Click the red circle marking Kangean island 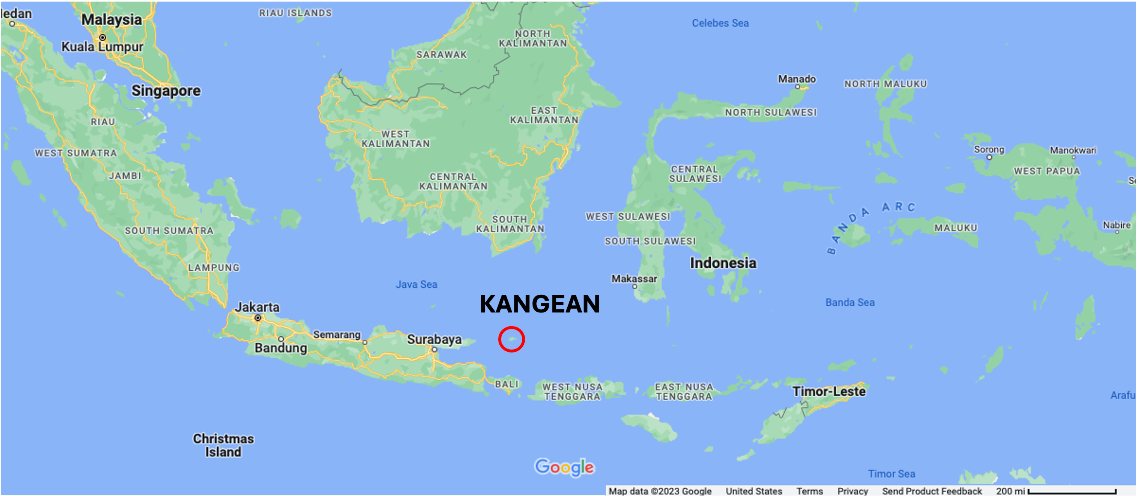(x=511, y=339)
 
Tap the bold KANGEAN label (x=540, y=304)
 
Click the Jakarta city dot (x=258, y=318)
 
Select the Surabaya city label (x=434, y=339)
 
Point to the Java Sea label (x=416, y=285)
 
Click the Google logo (x=564, y=467)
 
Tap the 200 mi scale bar (x=1072, y=491)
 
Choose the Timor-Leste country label (x=829, y=391)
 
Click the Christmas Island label (x=223, y=445)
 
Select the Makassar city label (x=634, y=279)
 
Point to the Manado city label (x=796, y=79)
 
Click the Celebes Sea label (x=720, y=23)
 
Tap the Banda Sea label (x=850, y=302)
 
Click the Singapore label (x=166, y=91)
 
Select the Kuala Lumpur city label (x=102, y=46)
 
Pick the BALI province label (x=506, y=384)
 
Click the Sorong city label (x=989, y=150)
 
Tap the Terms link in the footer (x=809, y=491)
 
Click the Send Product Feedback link (x=932, y=491)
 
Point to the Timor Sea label (x=891, y=474)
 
